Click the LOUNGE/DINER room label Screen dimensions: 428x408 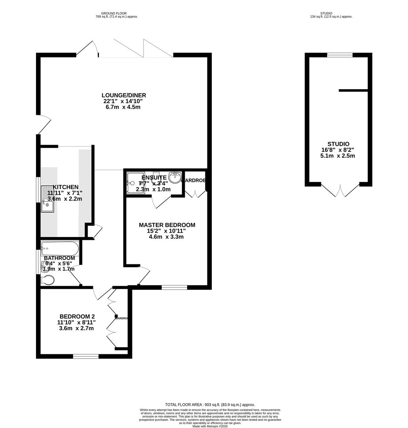124,95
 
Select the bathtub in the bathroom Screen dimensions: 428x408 60,248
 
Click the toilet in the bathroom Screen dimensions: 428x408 48,280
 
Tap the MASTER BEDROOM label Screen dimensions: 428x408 167,225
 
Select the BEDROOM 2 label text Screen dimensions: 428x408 77,316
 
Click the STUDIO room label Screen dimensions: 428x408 338,144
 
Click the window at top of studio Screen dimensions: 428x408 340,55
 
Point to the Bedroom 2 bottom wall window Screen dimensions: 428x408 86,356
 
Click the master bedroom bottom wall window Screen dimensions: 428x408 174,287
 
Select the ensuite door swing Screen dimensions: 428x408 161,201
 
